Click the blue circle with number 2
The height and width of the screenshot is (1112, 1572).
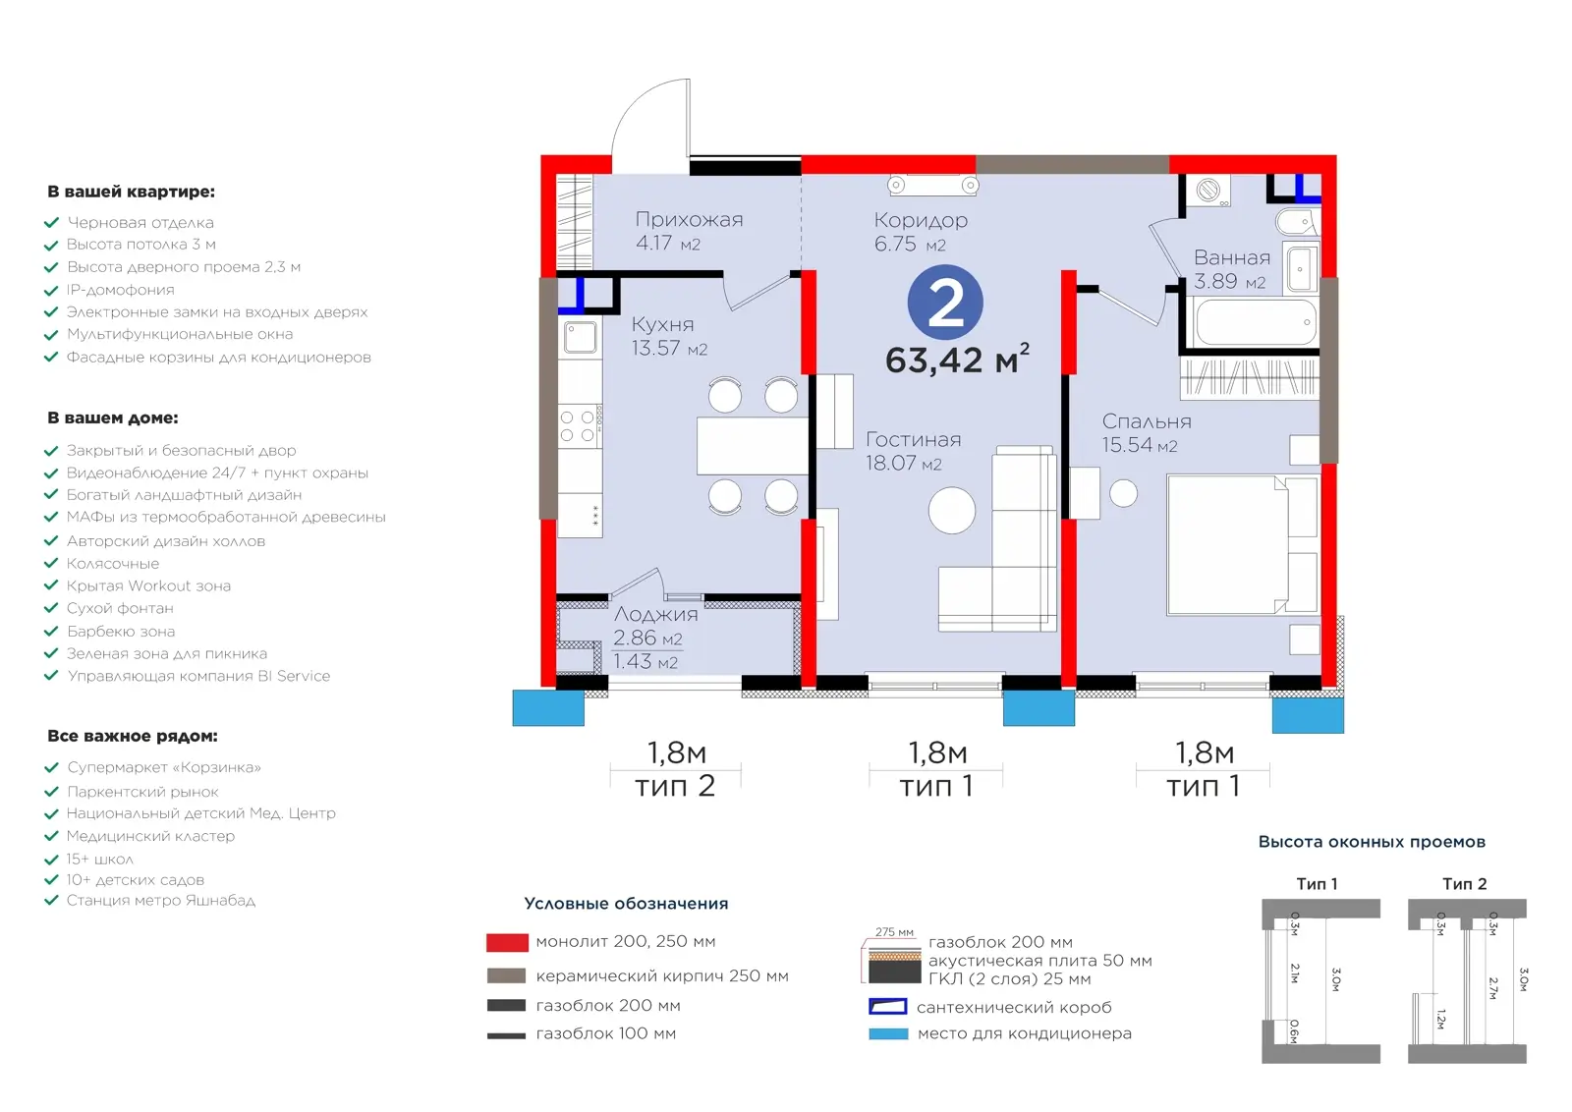945,303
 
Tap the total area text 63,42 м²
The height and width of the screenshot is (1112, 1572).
957,360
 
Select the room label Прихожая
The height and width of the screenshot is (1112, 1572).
689,220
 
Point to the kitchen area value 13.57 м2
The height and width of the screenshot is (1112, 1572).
669,348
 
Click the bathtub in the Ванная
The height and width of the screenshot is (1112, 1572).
1256,323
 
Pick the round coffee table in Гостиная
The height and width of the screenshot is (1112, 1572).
952,510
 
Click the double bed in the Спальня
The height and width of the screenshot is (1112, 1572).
1242,545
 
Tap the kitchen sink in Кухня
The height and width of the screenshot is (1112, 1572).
580,337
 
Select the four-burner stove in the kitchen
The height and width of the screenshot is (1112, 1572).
580,426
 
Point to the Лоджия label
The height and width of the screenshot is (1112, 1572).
655,614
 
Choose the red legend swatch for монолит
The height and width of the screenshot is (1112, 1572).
507,942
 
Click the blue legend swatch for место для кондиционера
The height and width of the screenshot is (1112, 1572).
888,1033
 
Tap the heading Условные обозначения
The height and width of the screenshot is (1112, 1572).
626,904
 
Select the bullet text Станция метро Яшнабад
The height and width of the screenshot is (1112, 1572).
161,900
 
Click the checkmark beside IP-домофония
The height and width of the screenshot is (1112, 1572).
51,290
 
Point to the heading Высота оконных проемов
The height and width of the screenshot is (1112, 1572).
1372,842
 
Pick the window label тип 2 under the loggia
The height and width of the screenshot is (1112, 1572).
674,786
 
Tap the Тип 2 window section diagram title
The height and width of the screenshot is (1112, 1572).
1465,884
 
